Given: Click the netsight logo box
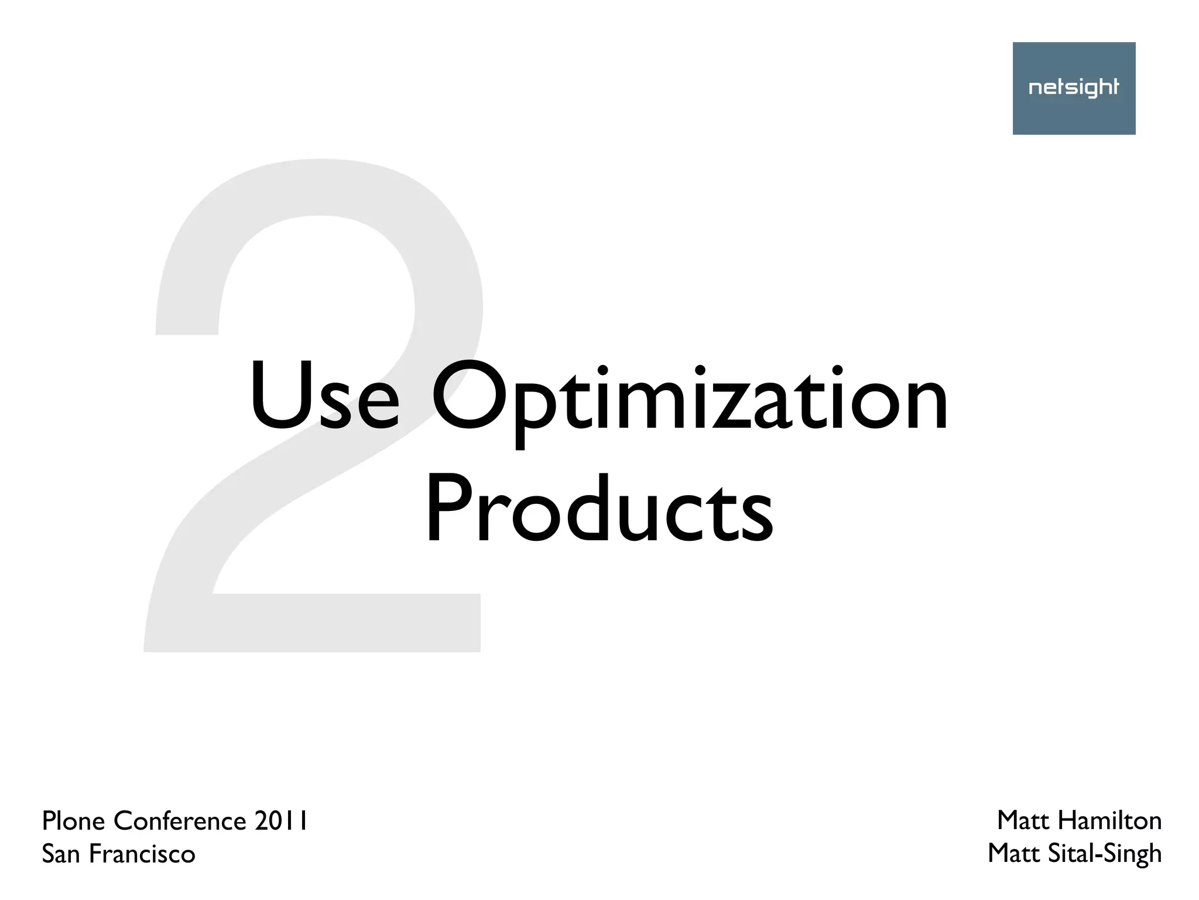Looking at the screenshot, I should pos(1074,88).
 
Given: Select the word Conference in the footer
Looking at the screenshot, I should pos(180,821).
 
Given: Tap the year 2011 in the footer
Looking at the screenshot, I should pos(280,821).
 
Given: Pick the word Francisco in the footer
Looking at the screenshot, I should pos(142,854).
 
